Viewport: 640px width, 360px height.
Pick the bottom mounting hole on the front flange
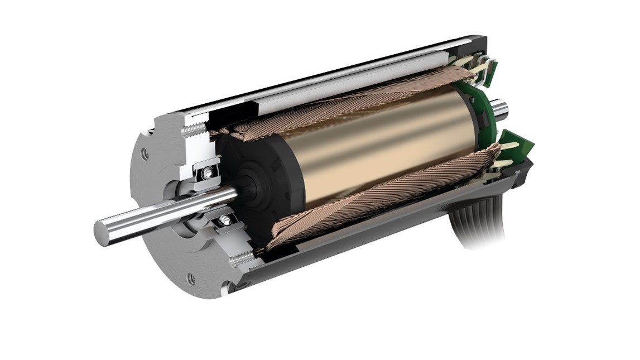click(191, 279)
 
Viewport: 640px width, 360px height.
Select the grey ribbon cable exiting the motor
click(480, 229)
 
